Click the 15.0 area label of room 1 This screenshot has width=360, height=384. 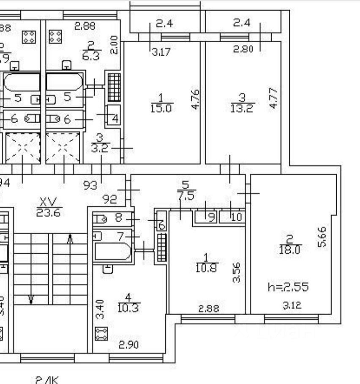161,109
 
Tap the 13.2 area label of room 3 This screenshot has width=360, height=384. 242,109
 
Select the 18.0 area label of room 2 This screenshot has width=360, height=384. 289,250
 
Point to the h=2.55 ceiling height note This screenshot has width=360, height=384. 288,287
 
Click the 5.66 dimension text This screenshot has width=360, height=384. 322,237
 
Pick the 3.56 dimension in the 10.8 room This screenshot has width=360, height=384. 237,273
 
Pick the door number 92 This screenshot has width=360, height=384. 110,199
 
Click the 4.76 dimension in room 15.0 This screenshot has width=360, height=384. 195,99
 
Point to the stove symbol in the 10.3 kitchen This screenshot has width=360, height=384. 101,334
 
